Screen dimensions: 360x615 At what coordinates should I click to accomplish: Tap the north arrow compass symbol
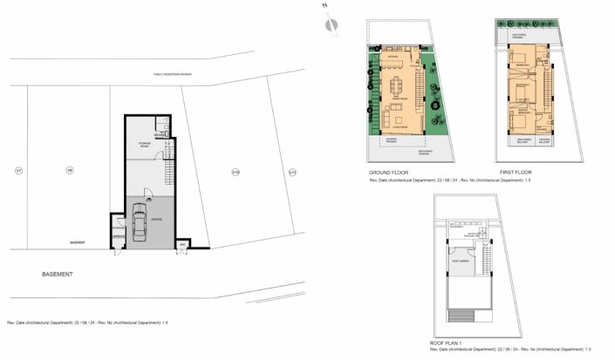tap(330, 24)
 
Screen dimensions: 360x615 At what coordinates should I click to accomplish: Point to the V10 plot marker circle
tap(235, 172)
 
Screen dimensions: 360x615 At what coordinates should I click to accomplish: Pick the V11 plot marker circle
tap(293, 172)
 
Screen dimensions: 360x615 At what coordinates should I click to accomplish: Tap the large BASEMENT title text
tap(58, 274)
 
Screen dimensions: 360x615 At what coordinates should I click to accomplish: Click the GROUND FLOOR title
tap(388, 173)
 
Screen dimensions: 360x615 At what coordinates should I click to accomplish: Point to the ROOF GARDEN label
tap(461, 260)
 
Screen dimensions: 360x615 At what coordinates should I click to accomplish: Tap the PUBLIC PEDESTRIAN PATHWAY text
tap(173, 75)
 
